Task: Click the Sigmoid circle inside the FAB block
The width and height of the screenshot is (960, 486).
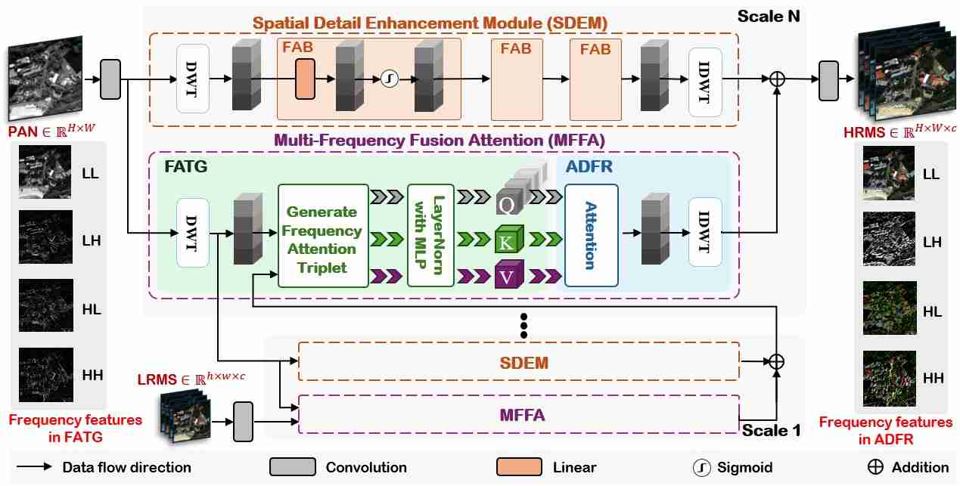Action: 389,78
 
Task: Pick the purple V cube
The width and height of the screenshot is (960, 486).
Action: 506,275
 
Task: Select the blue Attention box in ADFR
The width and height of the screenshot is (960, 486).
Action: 591,234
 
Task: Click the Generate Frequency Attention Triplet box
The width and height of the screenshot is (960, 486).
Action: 322,235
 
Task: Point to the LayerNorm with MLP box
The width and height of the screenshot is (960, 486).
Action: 430,235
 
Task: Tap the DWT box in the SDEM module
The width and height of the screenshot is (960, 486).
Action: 192,78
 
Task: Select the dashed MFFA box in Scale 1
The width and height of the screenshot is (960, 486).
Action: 518,414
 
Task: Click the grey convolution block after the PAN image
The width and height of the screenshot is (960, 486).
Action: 110,79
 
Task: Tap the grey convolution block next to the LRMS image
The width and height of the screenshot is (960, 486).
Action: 244,422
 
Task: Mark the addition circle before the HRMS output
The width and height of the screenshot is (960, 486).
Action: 776,78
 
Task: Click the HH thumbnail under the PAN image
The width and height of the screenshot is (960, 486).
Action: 46,374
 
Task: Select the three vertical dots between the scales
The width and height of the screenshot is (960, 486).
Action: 523,326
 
